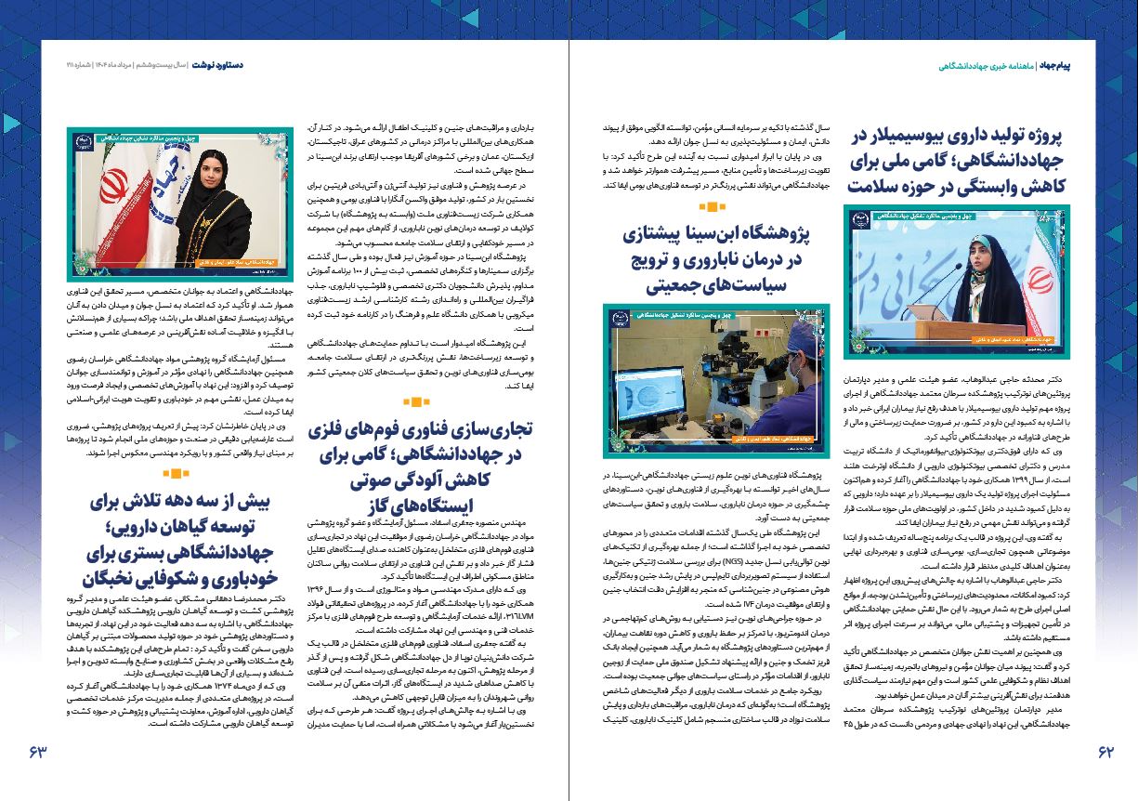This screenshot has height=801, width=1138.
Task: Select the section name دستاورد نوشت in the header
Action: (x=217, y=67)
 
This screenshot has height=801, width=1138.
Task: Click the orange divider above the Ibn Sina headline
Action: (x=712, y=207)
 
